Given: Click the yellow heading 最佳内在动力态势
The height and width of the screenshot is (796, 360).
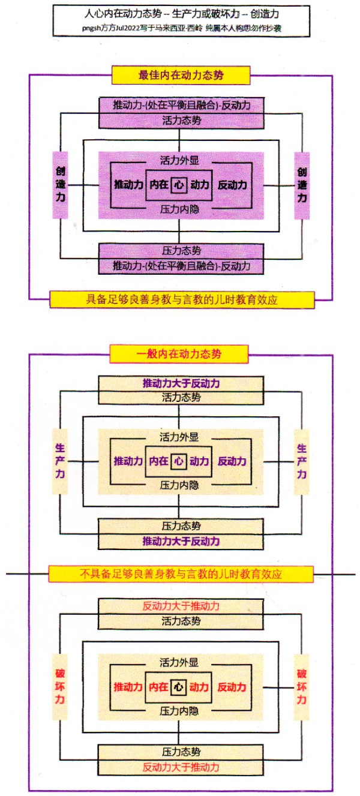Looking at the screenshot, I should [179, 75].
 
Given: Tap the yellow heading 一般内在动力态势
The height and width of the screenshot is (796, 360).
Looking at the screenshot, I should [179, 354].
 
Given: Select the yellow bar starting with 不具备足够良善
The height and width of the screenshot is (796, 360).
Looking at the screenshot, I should [180, 574].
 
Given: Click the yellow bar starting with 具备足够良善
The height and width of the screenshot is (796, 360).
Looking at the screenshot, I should [182, 299].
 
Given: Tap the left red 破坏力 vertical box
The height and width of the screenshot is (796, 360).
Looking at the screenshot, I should [61, 687].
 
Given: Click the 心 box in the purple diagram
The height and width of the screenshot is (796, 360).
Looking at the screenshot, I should [179, 185].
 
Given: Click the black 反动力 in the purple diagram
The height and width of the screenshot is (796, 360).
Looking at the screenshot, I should [232, 185].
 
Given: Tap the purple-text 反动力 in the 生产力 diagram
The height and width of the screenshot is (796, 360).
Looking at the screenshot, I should [232, 461].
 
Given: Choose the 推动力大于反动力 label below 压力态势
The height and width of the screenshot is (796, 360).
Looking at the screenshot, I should [181, 541].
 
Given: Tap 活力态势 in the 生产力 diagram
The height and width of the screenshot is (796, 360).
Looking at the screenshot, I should [181, 397].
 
